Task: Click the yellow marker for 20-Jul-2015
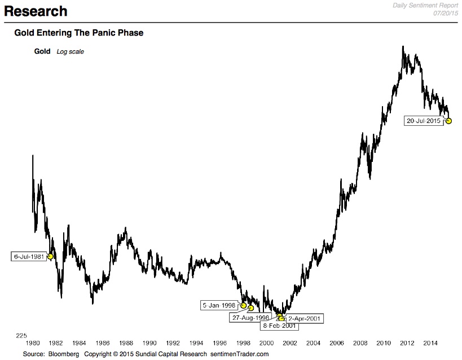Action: coord(449,121)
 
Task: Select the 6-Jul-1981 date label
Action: coord(29,257)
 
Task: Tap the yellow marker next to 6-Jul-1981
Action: coord(50,256)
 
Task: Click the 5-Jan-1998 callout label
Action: coord(219,305)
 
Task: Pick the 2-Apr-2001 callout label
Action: coord(304,319)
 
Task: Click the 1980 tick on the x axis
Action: coord(32,343)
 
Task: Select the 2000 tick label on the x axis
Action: coord(266,343)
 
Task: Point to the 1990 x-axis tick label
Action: coord(149,343)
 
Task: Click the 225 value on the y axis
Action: coord(21,335)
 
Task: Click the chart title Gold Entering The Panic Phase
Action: coord(78,33)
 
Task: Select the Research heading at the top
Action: coord(36,11)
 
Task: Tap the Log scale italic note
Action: coord(70,52)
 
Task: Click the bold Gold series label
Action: coord(43,51)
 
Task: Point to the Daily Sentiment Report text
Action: coord(427,5)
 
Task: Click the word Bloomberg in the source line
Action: coord(63,354)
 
